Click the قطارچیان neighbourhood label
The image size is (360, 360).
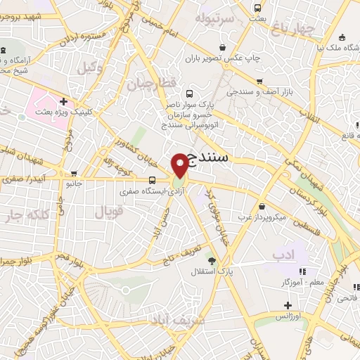pyautogui.click(x=149, y=84)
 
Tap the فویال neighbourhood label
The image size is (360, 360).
pyautogui.click(x=108, y=210)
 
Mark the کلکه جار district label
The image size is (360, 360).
pyautogui.click(x=24, y=214)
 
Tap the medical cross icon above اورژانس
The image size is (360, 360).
pyautogui.click(x=288, y=305)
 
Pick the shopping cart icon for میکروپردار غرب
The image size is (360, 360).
pyautogui.click(x=262, y=207)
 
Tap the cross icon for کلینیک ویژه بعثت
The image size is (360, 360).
pyautogui.click(x=63, y=101)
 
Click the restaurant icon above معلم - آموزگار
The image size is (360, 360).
pyautogui.click(x=302, y=272)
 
